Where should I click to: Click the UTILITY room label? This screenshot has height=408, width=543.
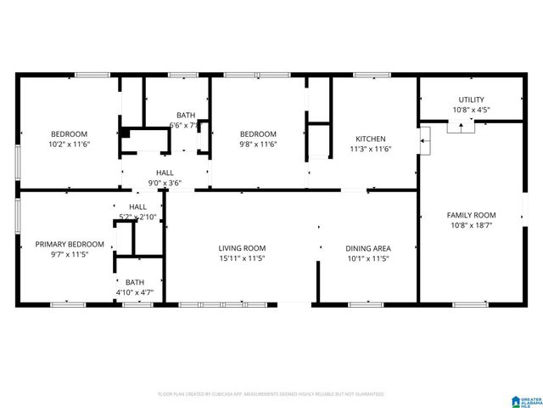(471, 99)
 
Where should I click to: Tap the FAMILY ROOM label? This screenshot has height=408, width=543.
(471, 215)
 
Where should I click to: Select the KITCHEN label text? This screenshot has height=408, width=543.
(370, 139)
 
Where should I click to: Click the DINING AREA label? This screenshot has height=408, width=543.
(367, 248)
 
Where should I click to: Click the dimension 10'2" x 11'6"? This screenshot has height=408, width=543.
(69, 144)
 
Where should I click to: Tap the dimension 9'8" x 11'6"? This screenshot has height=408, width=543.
(257, 144)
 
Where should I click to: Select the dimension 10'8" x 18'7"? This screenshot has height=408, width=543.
(471, 225)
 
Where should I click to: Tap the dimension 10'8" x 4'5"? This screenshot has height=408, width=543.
(471, 110)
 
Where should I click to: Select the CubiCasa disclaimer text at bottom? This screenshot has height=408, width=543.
(271, 394)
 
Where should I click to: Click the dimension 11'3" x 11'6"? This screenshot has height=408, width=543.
(370, 150)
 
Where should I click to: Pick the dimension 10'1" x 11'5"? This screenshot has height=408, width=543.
(367, 258)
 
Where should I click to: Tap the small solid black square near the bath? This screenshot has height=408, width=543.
(125, 133)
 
